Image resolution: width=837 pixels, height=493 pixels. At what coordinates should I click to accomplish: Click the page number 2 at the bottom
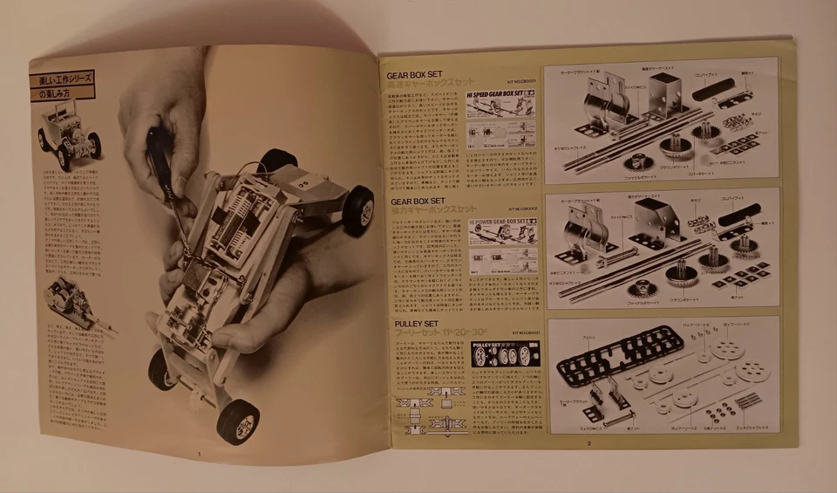coord(589,444)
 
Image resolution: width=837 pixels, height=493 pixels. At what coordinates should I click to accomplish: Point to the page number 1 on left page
coord(200,454)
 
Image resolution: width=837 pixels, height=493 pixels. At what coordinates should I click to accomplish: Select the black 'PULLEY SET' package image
coord(505,353)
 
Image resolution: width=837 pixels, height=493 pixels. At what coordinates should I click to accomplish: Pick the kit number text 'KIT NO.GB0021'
coord(521,333)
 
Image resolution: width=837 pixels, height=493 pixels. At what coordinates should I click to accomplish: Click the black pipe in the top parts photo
coord(714,89)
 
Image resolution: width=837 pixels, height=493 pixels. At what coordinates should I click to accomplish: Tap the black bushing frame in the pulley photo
coord(620,353)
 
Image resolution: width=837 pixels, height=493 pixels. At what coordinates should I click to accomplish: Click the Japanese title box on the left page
coord(62,86)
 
